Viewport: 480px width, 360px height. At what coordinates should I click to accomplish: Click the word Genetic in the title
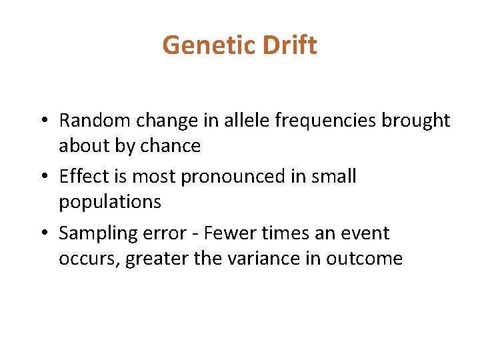[x=209, y=46]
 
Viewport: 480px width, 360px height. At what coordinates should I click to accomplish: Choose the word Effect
[x=83, y=177]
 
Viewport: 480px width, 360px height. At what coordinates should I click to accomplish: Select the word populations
[x=110, y=202]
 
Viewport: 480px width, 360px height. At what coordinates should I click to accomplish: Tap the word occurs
[x=85, y=259]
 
